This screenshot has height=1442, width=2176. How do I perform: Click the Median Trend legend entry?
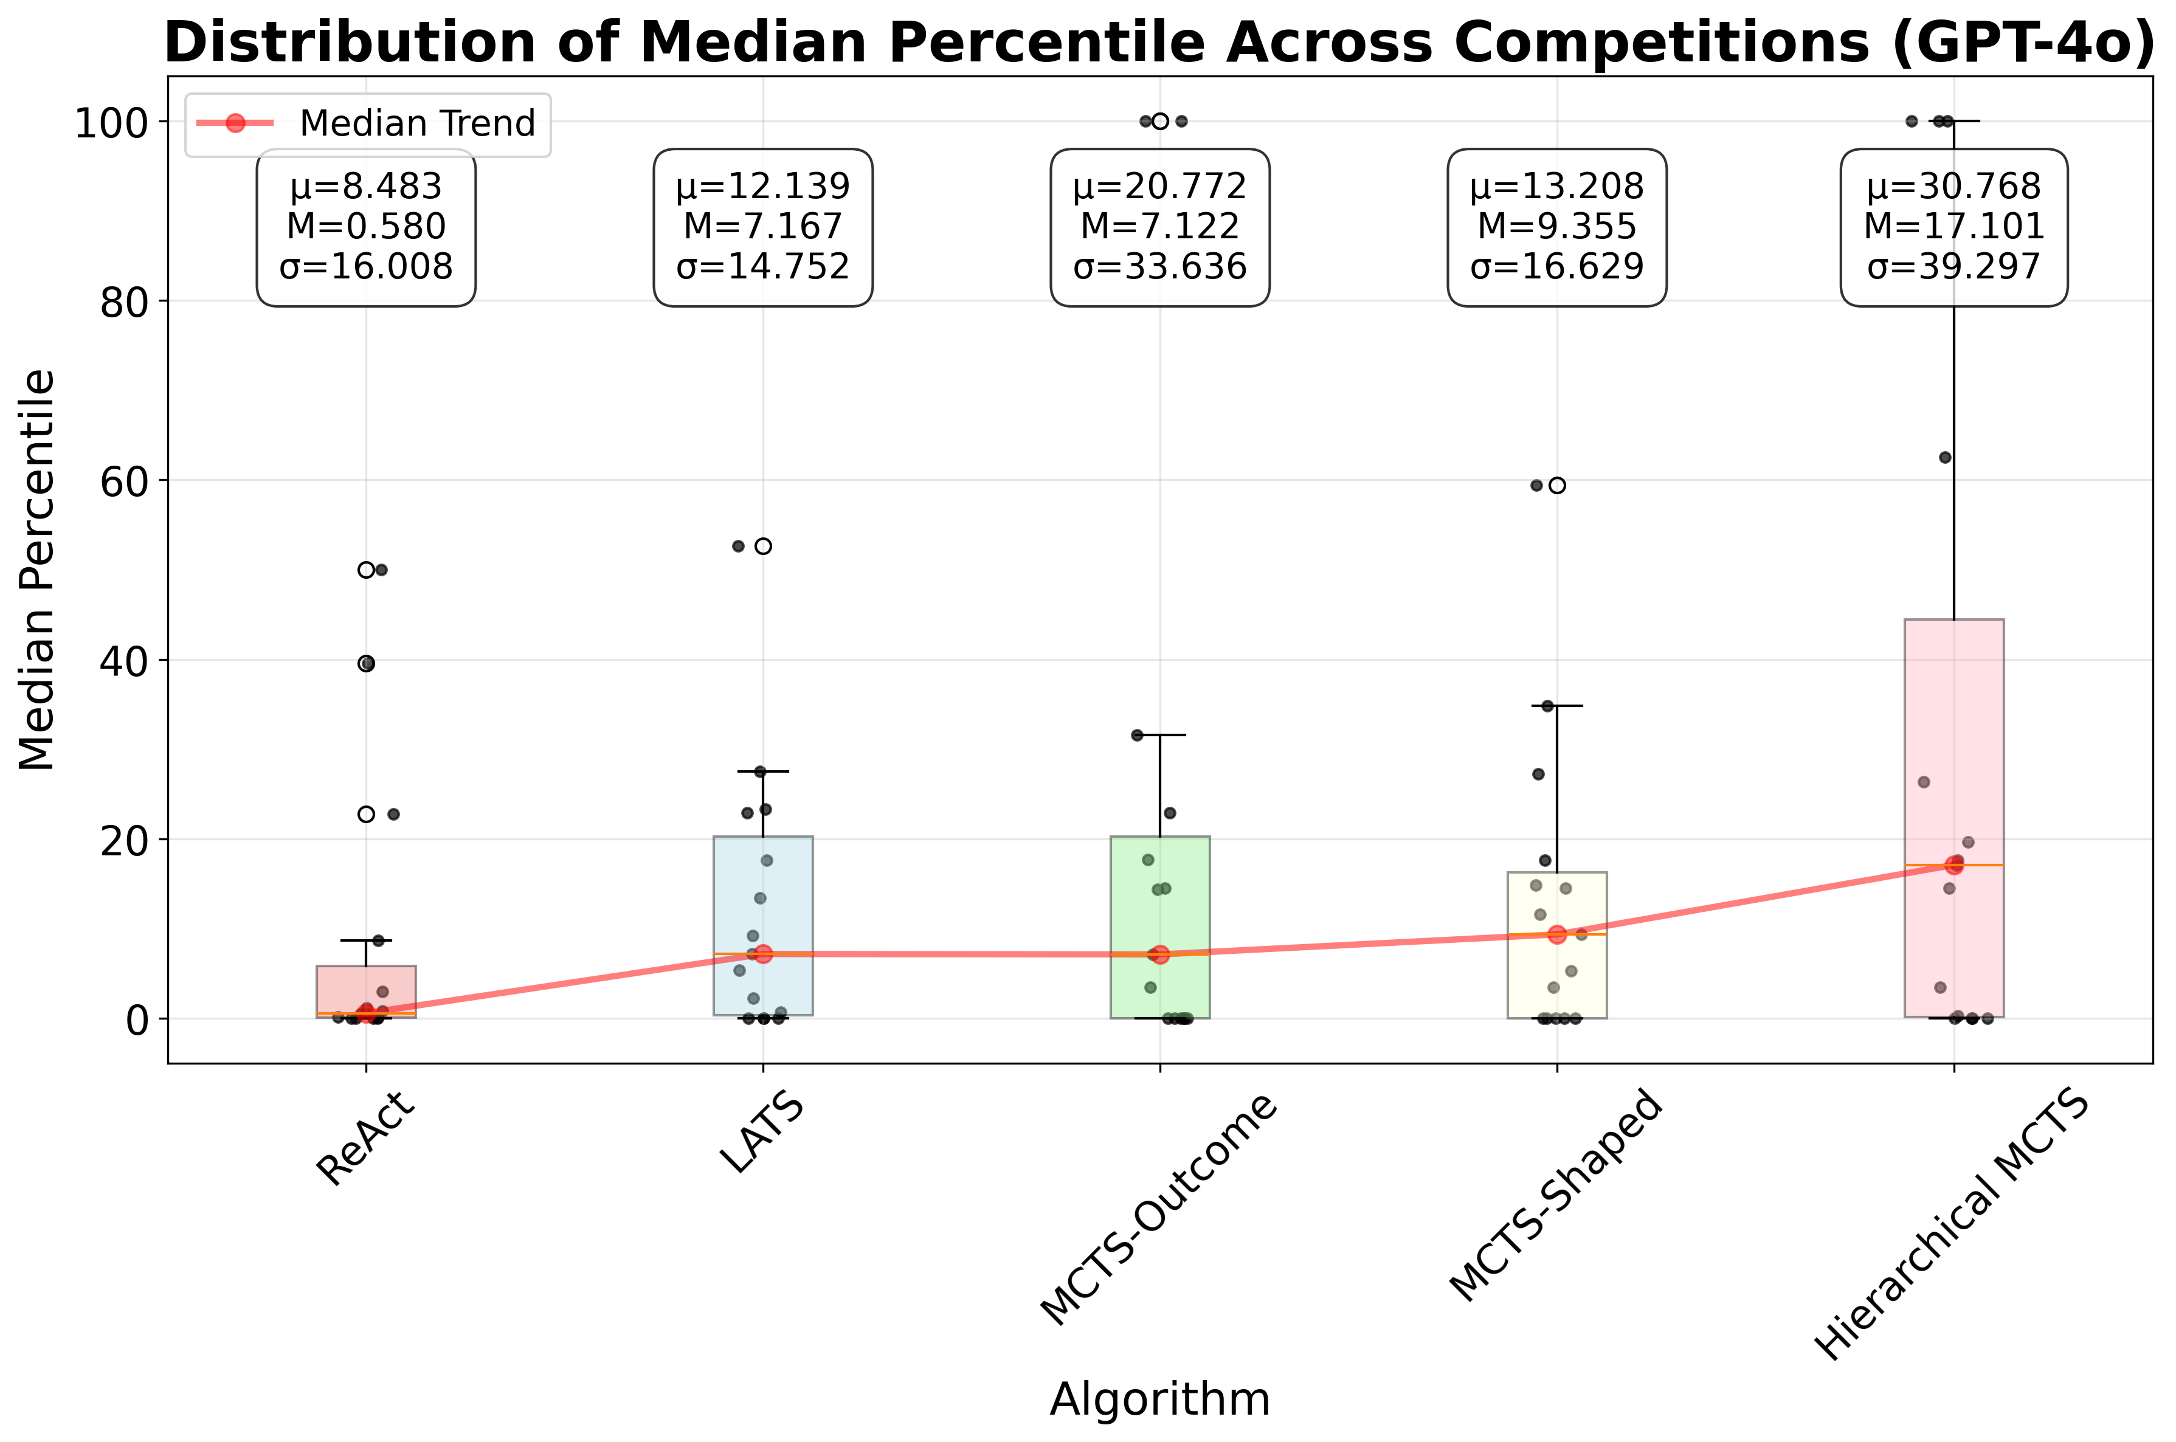(x=368, y=123)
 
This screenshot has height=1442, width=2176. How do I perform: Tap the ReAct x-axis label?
(x=366, y=1140)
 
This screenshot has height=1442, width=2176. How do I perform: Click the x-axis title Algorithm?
(x=1159, y=1399)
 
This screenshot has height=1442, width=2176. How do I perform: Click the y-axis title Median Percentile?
(x=37, y=570)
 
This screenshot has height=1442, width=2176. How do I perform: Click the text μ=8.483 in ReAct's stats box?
(x=366, y=187)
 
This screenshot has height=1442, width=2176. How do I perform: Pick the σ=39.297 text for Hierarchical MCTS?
(x=1953, y=267)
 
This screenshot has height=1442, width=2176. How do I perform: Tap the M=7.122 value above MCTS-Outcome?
(x=1159, y=226)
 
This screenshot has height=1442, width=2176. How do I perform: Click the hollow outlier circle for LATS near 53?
(x=762, y=547)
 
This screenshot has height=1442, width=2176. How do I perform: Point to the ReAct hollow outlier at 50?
(x=366, y=570)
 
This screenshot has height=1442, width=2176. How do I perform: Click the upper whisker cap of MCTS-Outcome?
(x=1159, y=735)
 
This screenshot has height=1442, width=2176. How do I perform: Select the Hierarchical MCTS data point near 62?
(x=1944, y=457)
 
